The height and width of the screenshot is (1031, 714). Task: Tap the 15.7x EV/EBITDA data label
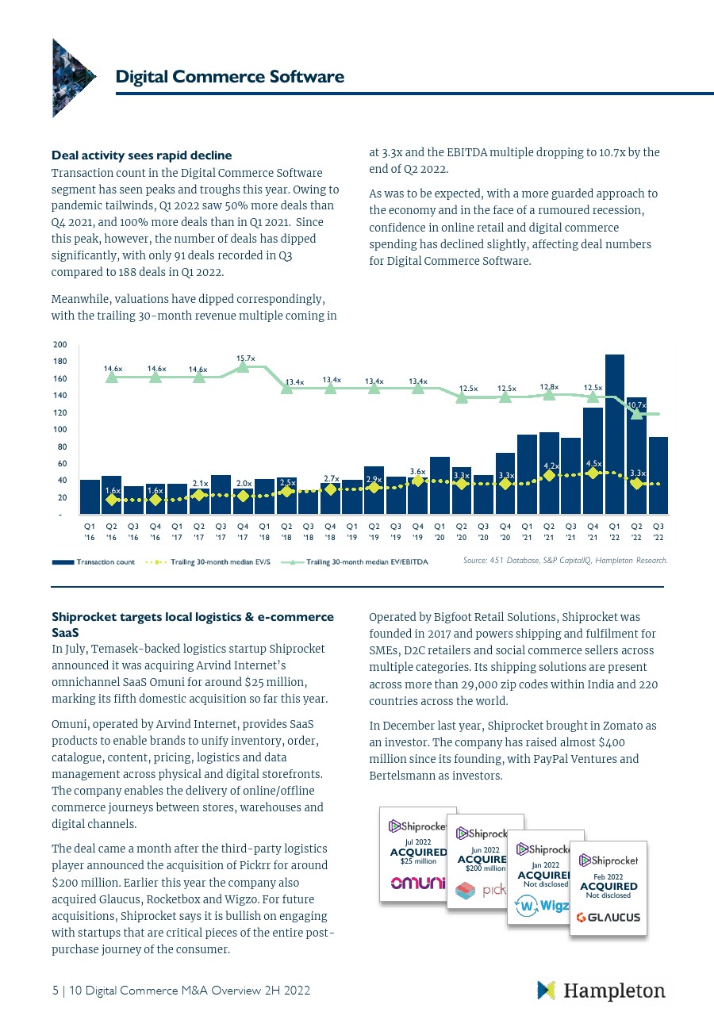coord(245,358)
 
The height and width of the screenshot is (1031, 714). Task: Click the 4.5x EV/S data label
coord(593,462)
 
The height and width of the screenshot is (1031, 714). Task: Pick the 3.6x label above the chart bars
coord(418,471)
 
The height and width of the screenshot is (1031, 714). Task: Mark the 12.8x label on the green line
coord(550,386)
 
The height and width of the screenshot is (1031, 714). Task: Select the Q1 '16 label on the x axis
coord(90,529)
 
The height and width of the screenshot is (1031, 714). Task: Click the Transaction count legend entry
coord(94,562)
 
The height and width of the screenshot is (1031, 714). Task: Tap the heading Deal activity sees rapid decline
coord(141,155)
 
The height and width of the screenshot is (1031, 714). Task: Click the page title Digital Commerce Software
coord(229,77)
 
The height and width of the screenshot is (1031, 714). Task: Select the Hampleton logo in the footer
coord(601,991)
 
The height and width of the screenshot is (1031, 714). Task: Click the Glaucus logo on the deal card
coord(608,918)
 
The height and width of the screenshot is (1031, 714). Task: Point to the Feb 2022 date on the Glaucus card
coord(608,876)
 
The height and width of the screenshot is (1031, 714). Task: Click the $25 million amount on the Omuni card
coord(418,861)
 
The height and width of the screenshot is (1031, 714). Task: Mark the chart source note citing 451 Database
coord(565,561)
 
